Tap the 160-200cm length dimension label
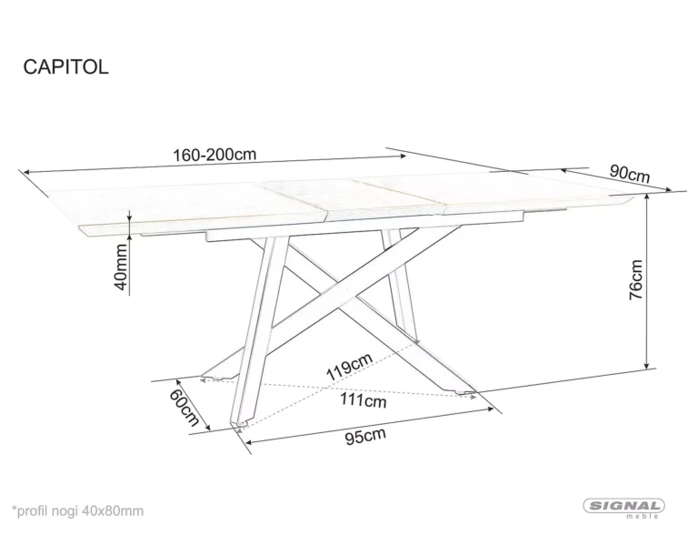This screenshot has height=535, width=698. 214,155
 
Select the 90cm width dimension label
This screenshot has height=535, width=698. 629,172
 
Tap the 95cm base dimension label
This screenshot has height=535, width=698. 365,436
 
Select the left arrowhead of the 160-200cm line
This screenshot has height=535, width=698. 26,170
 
